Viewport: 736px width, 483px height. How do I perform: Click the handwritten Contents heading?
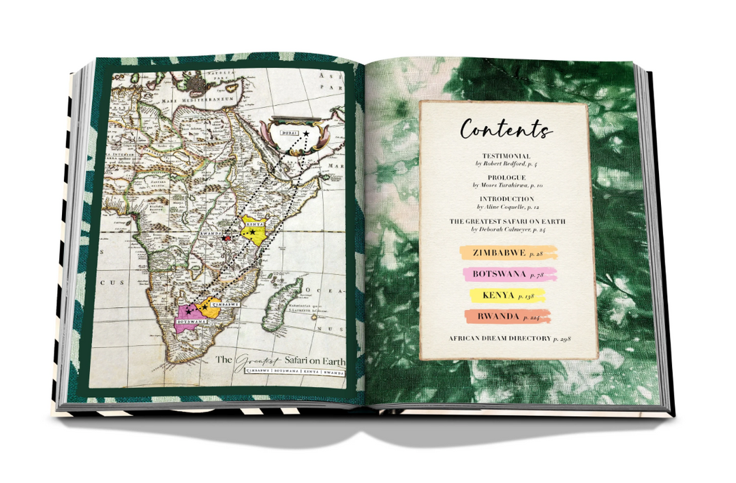(506, 129)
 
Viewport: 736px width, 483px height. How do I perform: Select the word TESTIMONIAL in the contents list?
(506, 155)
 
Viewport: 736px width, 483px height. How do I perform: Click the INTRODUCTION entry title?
(506, 199)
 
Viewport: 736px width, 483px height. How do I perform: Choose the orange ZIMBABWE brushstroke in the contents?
(508, 253)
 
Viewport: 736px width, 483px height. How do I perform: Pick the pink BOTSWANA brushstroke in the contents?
(508, 275)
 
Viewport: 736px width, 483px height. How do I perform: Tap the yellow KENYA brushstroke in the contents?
(508, 296)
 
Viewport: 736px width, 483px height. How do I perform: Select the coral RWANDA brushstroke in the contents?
(508, 317)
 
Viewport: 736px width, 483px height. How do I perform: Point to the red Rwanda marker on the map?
(226, 238)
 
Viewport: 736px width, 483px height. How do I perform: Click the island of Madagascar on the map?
(281, 299)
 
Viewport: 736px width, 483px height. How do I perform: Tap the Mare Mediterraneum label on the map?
(203, 98)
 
